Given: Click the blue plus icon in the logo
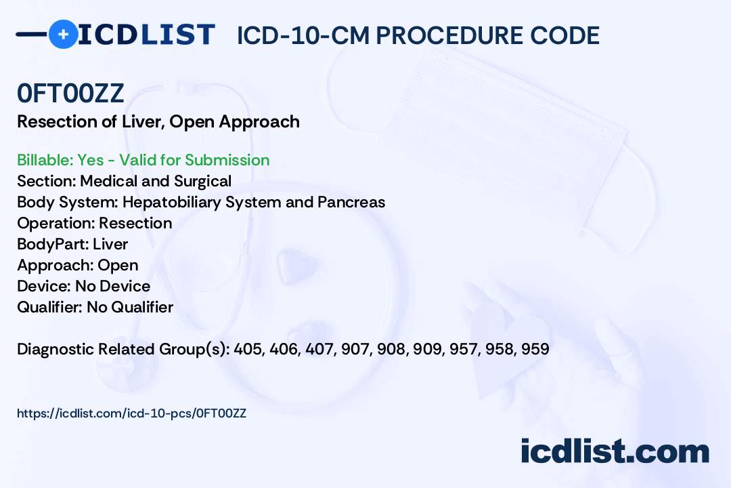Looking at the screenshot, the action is [64, 34].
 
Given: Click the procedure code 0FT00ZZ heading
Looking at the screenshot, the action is [71, 94].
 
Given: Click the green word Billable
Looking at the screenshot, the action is [45, 160].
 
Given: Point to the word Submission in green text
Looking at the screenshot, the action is [227, 160].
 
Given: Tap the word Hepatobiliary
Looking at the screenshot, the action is [171, 202].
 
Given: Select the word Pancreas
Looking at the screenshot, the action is [351, 202].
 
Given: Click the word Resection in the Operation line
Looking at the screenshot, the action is [135, 223].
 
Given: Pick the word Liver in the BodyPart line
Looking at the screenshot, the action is [110, 244].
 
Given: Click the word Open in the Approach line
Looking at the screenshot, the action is [118, 265].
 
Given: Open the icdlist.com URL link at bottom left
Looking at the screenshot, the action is [131, 413].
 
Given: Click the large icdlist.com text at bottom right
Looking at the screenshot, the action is [615, 451].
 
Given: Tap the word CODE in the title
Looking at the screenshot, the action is [564, 35].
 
